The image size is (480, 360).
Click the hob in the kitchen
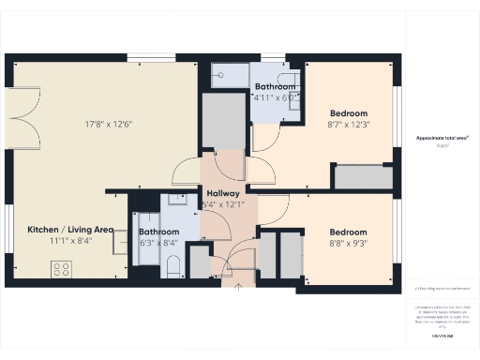62,269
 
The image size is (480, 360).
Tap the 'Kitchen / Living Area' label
70,229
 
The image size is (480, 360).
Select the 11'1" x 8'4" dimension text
70,241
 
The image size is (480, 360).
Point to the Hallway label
223,193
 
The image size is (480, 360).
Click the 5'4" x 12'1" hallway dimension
223,204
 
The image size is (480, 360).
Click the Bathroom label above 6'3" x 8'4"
158,232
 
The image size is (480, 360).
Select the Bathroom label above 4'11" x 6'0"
275,87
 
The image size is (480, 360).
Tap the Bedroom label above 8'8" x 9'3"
347,232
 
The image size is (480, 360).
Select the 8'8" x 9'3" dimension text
347,244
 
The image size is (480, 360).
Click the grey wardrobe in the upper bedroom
364,177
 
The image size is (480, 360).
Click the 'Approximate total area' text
442,138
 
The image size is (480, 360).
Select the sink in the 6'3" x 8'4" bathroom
175,201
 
